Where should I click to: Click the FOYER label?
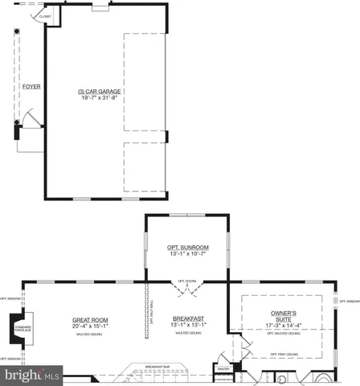click(31, 86)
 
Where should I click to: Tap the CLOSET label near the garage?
click(45, 16)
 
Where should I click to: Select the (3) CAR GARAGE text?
click(100, 92)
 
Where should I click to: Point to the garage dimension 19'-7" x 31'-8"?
click(100, 99)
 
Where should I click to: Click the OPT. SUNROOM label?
click(187, 247)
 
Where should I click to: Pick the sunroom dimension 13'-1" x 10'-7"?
click(187, 254)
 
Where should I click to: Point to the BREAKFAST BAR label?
click(157, 367)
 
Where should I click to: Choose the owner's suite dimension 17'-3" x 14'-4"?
click(284, 326)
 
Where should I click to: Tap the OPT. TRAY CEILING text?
click(284, 354)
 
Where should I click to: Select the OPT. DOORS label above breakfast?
click(187, 281)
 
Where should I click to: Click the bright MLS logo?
click(31, 375)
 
